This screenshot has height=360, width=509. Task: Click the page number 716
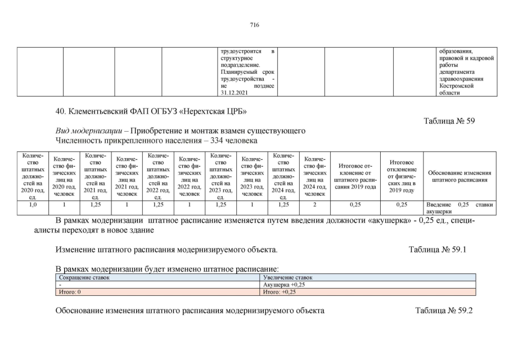[254, 25]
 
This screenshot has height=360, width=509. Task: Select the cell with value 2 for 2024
[314, 205]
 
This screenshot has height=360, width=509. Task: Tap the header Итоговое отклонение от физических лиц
[402, 175]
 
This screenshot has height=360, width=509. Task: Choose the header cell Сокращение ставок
[84, 277]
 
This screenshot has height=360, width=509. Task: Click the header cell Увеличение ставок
[288, 277]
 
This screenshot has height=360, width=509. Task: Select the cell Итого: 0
[71, 292]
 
